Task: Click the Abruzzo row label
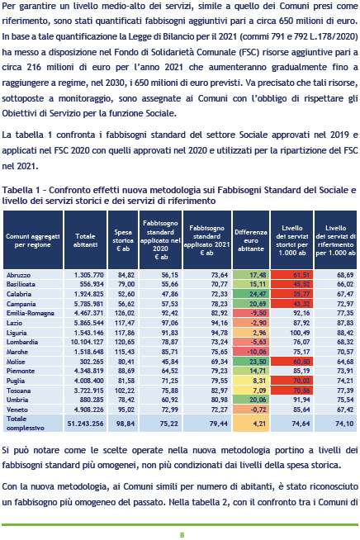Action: [x=18, y=275]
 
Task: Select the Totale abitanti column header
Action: [x=85, y=240]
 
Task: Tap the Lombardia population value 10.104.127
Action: [x=85, y=342]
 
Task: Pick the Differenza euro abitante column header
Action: [x=251, y=240]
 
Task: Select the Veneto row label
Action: [x=17, y=410]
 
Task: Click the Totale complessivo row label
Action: [x=25, y=424]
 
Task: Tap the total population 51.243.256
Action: [x=85, y=424]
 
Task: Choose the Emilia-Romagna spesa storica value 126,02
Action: [x=126, y=313]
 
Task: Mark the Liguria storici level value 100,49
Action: [x=300, y=333]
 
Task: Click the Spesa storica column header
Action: [x=123, y=240]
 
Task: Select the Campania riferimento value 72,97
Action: [x=345, y=304]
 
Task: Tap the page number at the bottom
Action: [x=182, y=535]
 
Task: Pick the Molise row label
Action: [x=16, y=362]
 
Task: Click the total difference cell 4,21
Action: [x=258, y=424]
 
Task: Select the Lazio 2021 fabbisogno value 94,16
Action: [x=219, y=323]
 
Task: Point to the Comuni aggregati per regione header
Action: [x=33, y=240]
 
